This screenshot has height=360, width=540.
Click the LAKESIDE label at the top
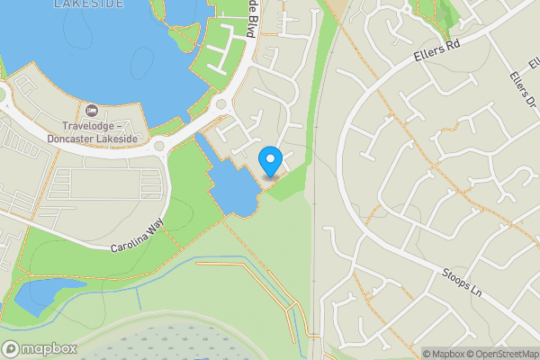89,4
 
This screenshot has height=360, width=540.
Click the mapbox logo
39,348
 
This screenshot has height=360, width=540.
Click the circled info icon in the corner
532,354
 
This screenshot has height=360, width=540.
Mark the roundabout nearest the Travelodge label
163,145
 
